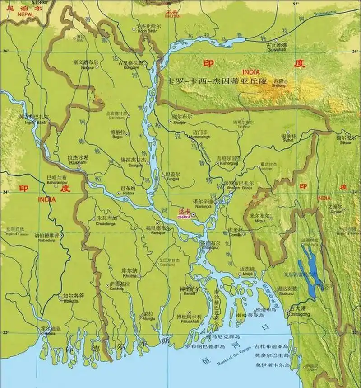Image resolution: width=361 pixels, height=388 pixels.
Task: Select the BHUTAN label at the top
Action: [171, 16]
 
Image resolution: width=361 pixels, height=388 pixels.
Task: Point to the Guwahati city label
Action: [277, 52]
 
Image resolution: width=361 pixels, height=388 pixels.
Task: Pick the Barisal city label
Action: [189, 293]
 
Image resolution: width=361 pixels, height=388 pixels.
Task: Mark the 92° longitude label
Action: [296, 4]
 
